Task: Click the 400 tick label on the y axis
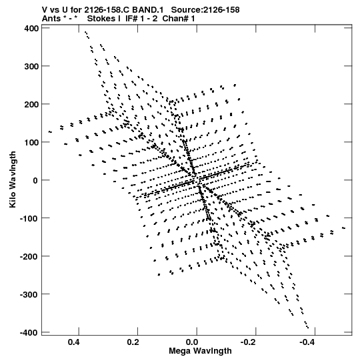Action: point(31,29)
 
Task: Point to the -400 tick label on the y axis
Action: point(29,333)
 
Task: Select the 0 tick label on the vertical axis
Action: point(35,180)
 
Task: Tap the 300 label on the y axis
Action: point(31,67)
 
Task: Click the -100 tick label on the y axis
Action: point(29,218)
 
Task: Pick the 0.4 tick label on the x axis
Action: point(74,342)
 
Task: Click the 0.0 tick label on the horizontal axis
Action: point(192,342)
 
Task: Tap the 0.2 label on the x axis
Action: point(133,342)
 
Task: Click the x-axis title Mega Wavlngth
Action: point(200,351)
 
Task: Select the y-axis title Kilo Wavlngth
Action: point(13,179)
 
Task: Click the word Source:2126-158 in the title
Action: point(205,10)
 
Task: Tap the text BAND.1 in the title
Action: point(148,10)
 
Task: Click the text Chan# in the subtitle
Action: point(175,19)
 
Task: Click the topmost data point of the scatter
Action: point(85,32)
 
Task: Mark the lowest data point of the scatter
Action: point(308,328)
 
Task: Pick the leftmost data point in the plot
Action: point(49,132)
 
